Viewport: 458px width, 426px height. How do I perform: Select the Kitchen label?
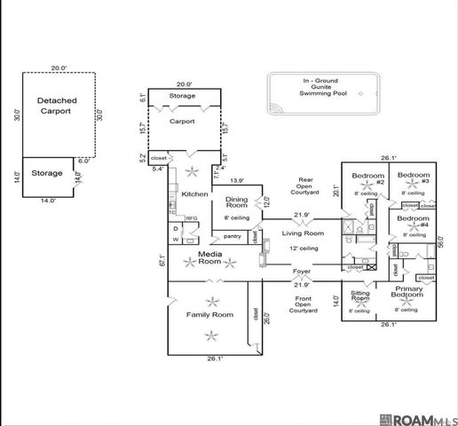194,194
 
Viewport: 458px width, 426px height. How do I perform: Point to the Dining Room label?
236,203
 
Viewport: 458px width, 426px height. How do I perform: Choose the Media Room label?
209,258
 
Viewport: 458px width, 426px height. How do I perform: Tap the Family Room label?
209,315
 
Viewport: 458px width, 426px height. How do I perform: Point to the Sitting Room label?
359,296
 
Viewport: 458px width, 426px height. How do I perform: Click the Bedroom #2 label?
367,178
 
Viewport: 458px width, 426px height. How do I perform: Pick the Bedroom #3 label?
413,177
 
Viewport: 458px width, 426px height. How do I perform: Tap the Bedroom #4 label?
413,222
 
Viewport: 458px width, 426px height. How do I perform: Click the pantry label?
233,236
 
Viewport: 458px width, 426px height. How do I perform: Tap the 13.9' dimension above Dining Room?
237,180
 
